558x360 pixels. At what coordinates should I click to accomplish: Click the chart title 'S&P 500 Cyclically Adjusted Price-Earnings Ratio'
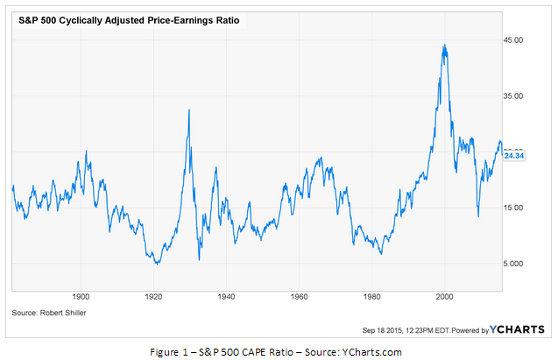(130, 17)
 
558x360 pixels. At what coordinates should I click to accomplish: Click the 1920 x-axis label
(154, 298)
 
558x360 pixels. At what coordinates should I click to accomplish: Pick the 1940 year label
(227, 298)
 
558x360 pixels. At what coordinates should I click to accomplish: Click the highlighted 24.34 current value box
(513, 155)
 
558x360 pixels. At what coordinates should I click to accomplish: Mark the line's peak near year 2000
(445, 46)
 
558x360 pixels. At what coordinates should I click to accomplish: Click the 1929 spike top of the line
(189, 109)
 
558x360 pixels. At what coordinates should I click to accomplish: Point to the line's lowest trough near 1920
(156, 264)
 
